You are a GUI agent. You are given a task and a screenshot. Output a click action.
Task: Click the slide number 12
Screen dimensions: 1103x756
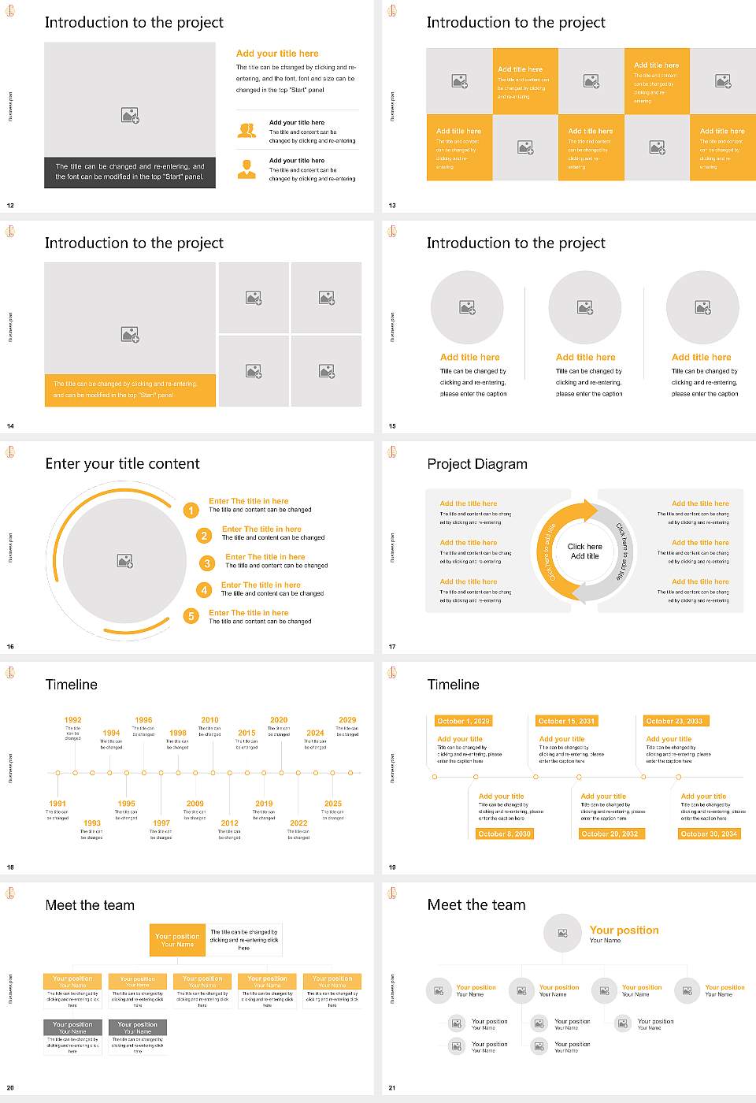point(10,206)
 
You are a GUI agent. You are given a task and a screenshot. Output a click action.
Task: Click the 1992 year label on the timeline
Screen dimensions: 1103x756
point(73,720)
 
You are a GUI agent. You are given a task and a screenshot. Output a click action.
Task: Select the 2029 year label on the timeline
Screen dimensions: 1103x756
point(347,720)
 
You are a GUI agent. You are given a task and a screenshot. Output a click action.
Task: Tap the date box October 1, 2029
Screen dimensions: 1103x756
point(463,721)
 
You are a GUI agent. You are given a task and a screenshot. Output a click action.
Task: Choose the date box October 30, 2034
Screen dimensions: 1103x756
point(709,834)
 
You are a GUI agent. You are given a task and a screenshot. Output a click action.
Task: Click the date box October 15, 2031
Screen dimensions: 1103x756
point(566,721)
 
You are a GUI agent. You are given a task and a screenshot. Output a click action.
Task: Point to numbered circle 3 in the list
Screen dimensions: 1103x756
point(207,563)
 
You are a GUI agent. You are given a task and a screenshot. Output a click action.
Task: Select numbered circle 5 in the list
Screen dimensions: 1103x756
point(191,616)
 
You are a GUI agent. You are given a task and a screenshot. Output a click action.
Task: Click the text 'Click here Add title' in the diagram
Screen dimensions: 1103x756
point(584,551)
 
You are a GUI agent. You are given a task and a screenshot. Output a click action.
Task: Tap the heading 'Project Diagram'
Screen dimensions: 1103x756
point(477,464)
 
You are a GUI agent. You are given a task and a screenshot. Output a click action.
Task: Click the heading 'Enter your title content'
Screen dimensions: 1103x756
point(122,464)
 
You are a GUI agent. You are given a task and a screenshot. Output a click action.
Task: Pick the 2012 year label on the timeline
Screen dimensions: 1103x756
point(229,823)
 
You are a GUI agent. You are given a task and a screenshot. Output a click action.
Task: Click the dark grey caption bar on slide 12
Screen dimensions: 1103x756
point(130,172)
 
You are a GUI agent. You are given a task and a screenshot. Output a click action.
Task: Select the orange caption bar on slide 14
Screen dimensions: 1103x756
point(130,390)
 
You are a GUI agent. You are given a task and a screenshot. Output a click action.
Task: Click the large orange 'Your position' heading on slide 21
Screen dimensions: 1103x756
point(624,930)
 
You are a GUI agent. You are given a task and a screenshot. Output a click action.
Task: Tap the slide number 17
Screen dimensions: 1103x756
point(392,647)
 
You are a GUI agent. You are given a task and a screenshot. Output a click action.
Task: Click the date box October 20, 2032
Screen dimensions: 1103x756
point(610,834)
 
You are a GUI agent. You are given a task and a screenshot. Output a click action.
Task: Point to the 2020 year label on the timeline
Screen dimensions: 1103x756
point(279,720)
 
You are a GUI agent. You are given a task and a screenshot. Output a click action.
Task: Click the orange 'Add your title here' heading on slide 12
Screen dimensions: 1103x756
point(277,54)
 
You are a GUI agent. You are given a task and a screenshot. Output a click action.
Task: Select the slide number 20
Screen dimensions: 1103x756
point(10,1088)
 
